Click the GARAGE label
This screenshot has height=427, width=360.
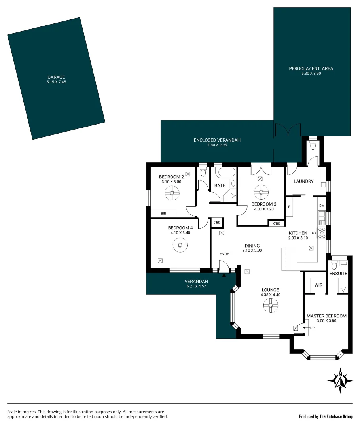click(x=56, y=77)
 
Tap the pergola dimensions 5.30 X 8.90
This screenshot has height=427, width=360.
click(x=311, y=74)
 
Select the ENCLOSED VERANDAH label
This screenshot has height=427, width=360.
click(x=217, y=140)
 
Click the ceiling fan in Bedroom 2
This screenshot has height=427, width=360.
click(x=172, y=193)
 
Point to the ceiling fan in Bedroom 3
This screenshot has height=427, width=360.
click(x=261, y=193)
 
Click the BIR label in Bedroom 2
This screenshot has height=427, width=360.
click(x=163, y=213)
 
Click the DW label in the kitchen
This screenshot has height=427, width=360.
click(x=322, y=206)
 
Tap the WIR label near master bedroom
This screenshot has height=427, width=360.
click(x=318, y=285)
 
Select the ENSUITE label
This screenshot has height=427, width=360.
click(x=338, y=274)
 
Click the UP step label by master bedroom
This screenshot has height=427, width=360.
click(x=312, y=328)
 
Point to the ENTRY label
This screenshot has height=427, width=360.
click(x=225, y=254)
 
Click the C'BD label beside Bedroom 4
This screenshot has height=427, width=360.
click(x=217, y=223)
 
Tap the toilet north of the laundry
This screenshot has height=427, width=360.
click(x=313, y=146)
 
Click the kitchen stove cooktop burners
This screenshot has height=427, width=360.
click(x=322, y=232)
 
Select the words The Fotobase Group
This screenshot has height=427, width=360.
click(x=336, y=416)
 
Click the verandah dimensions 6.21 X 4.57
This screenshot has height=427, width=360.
click(x=196, y=287)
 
